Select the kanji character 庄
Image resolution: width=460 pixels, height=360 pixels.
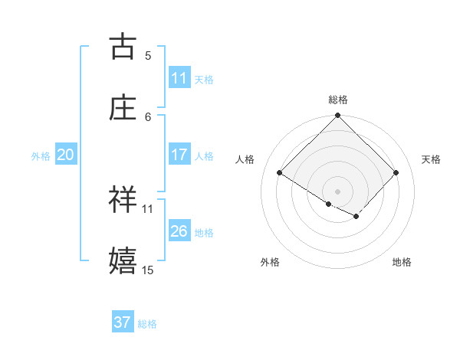pos(123,108)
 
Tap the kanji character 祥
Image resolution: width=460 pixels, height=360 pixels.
pos(123,200)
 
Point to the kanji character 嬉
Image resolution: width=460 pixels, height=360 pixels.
pos(123,261)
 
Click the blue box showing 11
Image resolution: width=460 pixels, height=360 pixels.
pos(179,78)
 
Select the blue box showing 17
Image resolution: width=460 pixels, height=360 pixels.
pos(179,155)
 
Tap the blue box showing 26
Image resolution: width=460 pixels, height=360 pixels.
pos(179,231)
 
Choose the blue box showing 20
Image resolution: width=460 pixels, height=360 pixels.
pos(65,155)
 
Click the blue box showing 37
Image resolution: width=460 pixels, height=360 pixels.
pos(123,322)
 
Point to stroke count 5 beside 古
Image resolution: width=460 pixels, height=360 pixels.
pos(148,55)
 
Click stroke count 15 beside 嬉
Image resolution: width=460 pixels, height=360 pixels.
pos(148,270)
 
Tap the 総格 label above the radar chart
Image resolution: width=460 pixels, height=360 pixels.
pos(338,100)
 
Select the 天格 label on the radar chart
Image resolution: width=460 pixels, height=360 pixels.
pos(431,159)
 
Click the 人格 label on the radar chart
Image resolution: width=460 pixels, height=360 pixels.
pos(245,159)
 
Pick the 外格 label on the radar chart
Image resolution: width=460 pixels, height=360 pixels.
pos(270,262)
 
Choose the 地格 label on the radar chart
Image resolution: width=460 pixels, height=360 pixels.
pos(402,262)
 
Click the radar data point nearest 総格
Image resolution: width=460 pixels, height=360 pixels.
pos(338,116)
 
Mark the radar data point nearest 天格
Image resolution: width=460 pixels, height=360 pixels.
pos(396,172)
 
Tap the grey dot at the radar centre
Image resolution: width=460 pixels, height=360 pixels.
pos(338,191)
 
